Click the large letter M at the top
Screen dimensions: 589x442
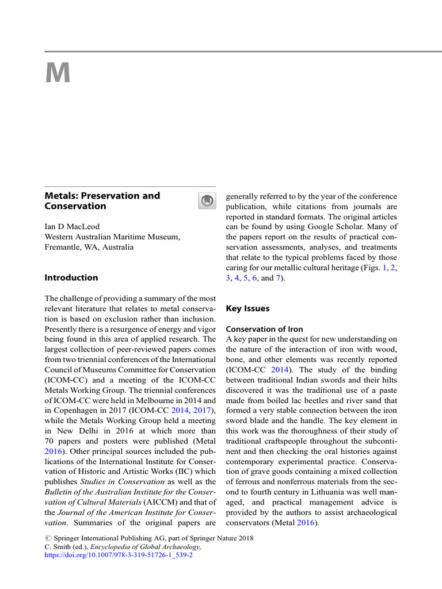point(58,74)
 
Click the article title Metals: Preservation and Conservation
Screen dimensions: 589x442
point(102,201)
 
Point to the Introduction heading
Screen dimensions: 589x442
point(71,277)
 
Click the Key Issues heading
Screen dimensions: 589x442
point(247,308)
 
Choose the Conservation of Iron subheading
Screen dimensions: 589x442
point(260,330)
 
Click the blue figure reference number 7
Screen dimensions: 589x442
point(279,278)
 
